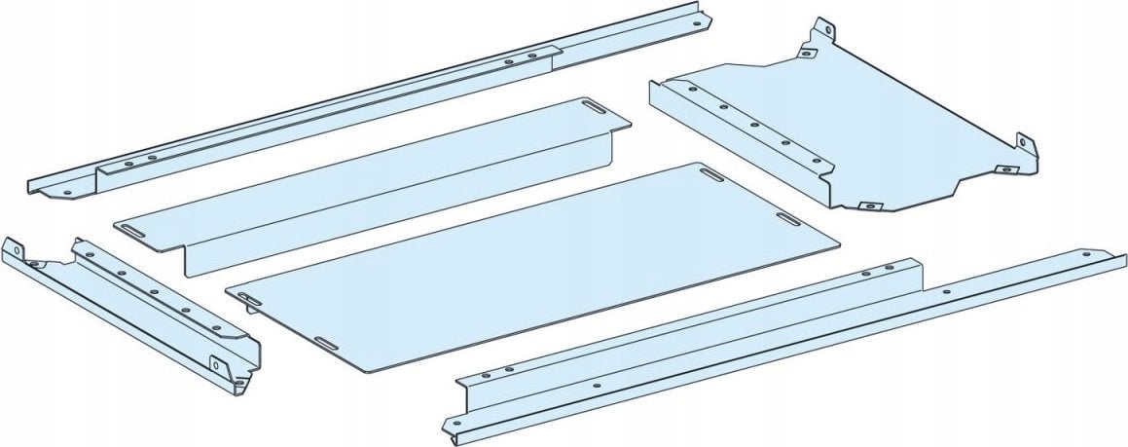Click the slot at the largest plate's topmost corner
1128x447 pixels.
[711, 174]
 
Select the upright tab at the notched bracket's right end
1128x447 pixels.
[1027, 145]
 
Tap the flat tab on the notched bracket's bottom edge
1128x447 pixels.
[868, 205]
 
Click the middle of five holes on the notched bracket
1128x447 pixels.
[753, 125]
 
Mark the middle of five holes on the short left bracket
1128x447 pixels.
[152, 290]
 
